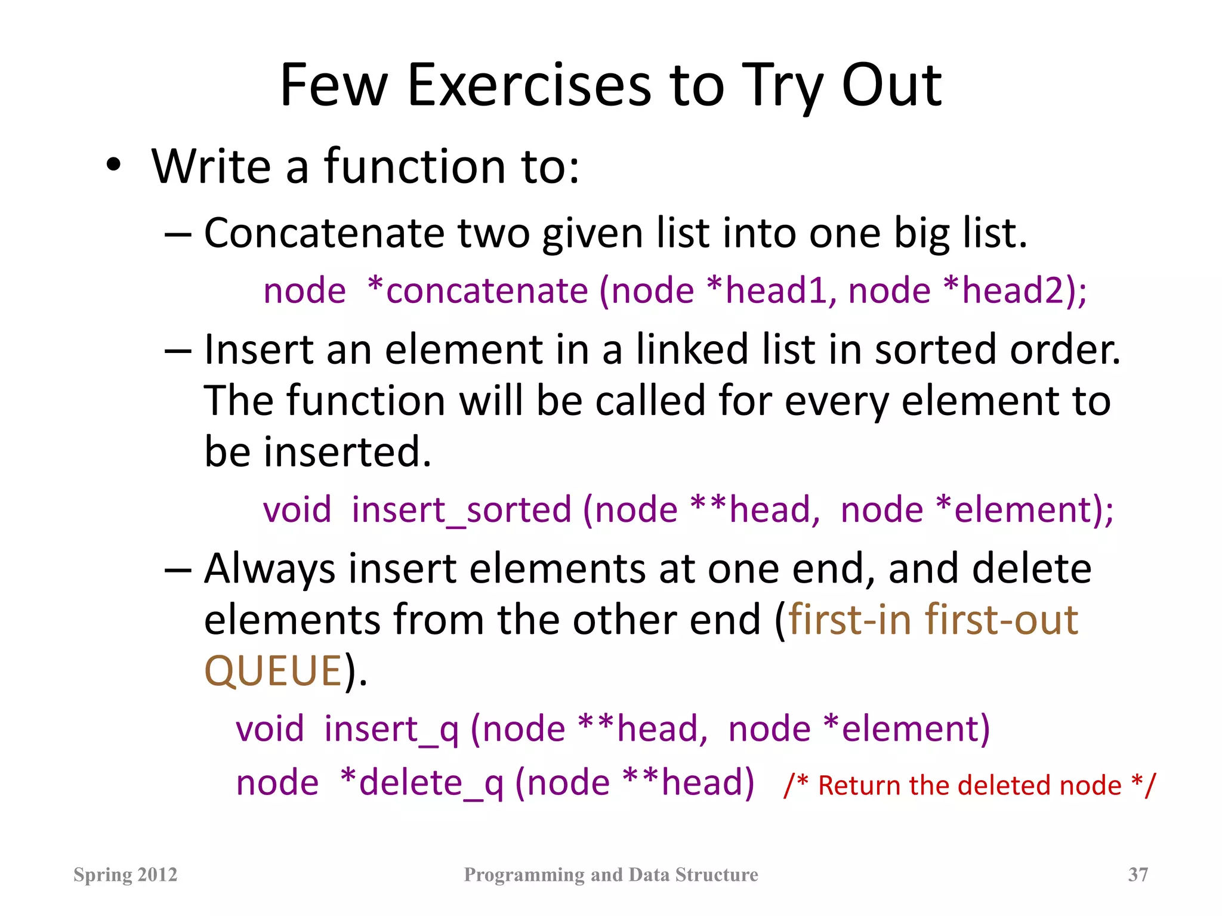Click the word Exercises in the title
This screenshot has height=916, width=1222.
tap(529, 86)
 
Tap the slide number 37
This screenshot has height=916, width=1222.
tap(1138, 874)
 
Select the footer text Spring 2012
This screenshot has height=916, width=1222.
tap(125, 874)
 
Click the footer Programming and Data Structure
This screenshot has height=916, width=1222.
tap(611, 874)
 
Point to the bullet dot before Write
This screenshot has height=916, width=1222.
tap(114, 165)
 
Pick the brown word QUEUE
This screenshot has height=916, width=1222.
tap(273, 671)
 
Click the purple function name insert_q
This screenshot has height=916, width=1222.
tap(391, 729)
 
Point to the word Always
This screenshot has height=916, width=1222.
tap(270, 569)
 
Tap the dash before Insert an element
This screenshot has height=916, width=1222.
tap(178, 351)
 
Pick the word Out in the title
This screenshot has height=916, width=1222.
tap(891, 86)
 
